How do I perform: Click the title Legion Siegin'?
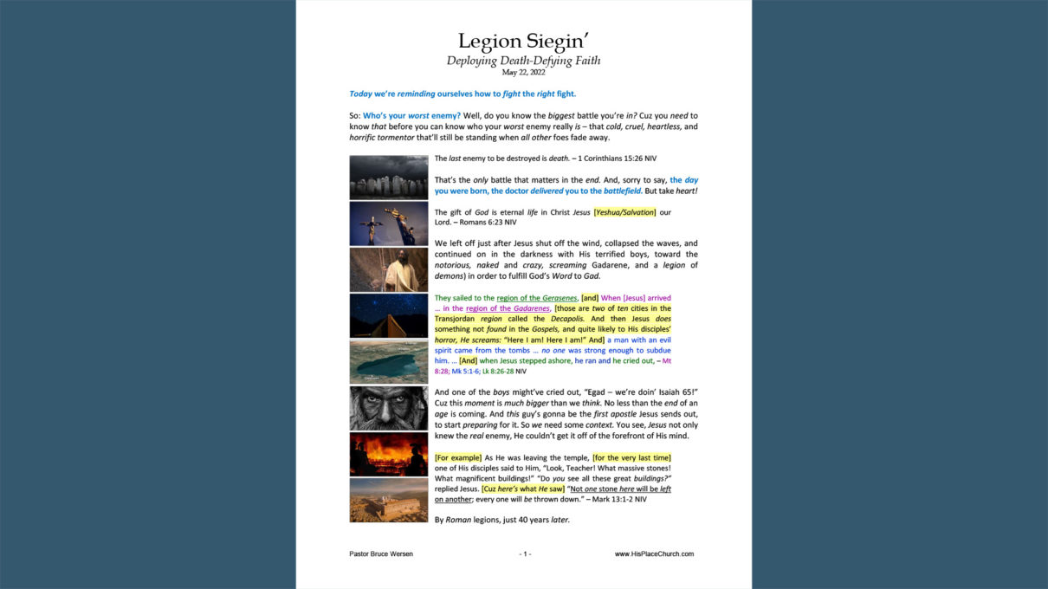[523, 41]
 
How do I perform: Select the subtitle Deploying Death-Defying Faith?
[523, 61]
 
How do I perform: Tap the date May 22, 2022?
[523, 73]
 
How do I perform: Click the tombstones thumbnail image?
[389, 178]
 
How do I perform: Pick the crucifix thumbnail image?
[389, 223]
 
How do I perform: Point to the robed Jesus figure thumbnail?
[389, 269]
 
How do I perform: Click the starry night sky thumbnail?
[389, 315]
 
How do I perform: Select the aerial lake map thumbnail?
[389, 361]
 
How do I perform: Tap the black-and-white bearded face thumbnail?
[389, 408]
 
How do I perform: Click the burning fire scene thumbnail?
[389, 454]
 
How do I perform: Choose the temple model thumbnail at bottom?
[389, 500]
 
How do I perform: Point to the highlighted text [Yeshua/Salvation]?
[625, 212]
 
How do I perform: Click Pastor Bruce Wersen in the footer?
[381, 553]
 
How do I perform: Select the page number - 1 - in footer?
[525, 553]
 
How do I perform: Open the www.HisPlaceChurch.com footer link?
[654, 553]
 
